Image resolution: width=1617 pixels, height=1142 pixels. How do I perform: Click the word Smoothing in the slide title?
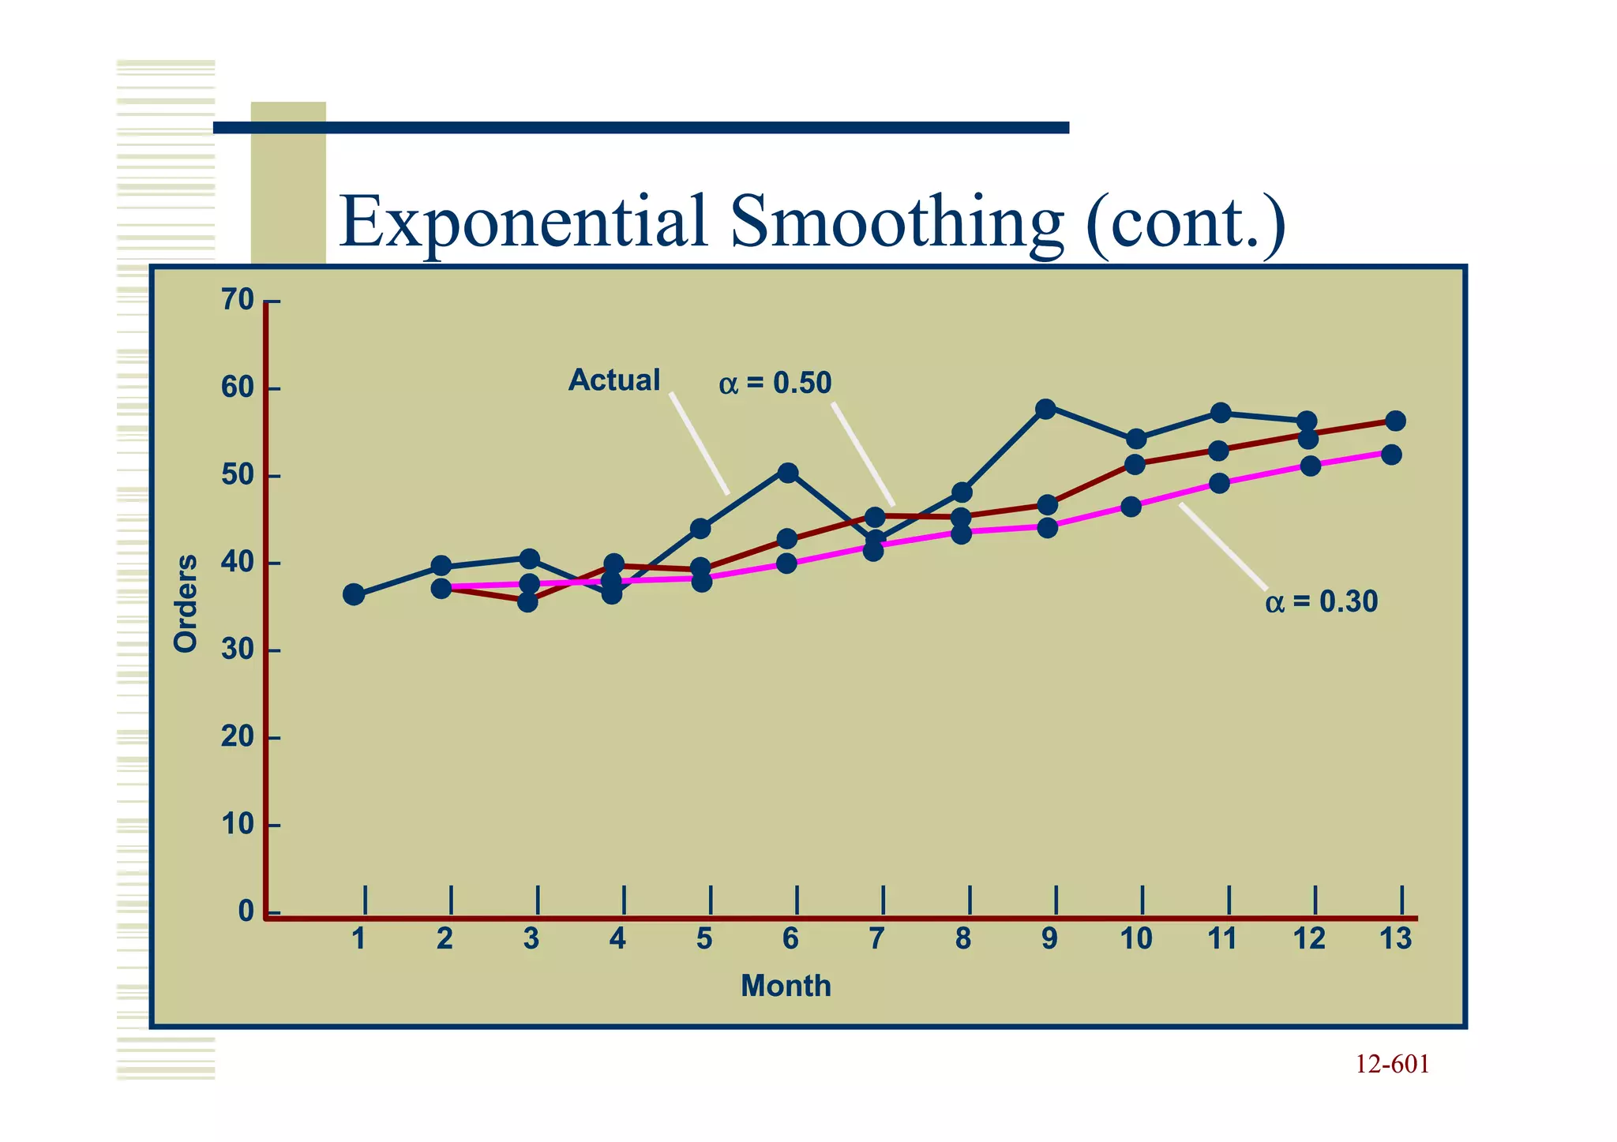pyautogui.click(x=897, y=223)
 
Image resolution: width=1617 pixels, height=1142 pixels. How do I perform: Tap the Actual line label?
pyautogui.click(x=613, y=380)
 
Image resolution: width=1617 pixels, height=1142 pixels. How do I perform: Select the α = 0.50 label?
pyautogui.click(x=775, y=384)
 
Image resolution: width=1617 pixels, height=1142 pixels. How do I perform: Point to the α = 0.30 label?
pyautogui.click(x=1321, y=602)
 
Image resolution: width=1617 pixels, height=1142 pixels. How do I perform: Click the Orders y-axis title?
pyautogui.click(x=186, y=604)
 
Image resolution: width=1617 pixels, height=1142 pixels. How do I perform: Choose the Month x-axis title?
pyautogui.click(x=786, y=987)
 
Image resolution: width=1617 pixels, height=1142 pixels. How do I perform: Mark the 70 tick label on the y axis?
pyautogui.click(x=237, y=301)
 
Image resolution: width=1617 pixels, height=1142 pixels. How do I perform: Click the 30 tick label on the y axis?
pyautogui.click(x=237, y=650)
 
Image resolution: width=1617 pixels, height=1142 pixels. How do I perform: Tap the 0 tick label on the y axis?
pyautogui.click(x=246, y=912)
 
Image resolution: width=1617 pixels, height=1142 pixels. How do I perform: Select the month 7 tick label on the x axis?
pyautogui.click(x=876, y=939)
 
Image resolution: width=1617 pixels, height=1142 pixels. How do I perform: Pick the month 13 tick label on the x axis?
pyautogui.click(x=1395, y=939)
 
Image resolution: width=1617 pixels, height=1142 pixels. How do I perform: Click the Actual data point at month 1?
pyautogui.click(x=355, y=594)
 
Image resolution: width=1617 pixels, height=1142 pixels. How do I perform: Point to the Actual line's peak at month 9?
pyautogui.click(x=1045, y=409)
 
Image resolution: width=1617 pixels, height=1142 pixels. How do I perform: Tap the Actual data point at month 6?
pyautogui.click(x=788, y=473)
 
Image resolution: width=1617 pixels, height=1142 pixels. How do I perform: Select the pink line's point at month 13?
pyautogui.click(x=1392, y=455)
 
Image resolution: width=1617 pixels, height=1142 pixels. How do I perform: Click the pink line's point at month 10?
pyautogui.click(x=1131, y=507)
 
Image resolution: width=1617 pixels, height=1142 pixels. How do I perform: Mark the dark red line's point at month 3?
pyautogui.click(x=528, y=602)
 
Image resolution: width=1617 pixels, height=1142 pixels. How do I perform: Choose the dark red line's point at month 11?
pyautogui.click(x=1219, y=451)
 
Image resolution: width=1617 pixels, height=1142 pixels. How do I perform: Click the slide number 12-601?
pyautogui.click(x=1392, y=1065)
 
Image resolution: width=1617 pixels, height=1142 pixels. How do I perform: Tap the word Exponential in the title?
pyautogui.click(x=523, y=223)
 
